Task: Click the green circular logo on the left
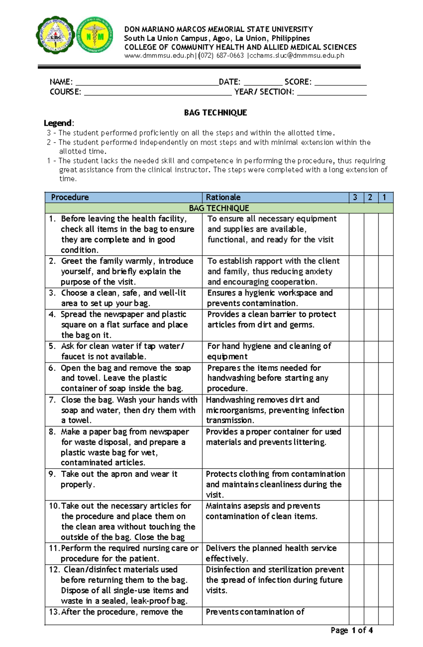pyautogui.click(x=55, y=35)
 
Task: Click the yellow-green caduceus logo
pyautogui.click(x=94, y=35)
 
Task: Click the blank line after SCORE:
pyautogui.click(x=341, y=83)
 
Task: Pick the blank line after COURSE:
pyautogui.click(x=158, y=92)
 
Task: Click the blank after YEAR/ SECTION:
pyautogui.click(x=332, y=92)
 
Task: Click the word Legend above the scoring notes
pyautogui.click(x=58, y=123)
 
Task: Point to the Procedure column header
pyautogui.click(x=70, y=197)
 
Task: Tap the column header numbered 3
pyautogui.click(x=355, y=197)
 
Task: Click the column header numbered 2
pyautogui.click(x=370, y=197)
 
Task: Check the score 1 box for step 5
pyautogui.click(x=386, y=352)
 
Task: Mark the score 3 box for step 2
pyautogui.click(x=356, y=271)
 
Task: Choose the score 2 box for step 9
pyautogui.click(x=371, y=484)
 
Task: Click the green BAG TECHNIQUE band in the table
pyautogui.click(x=219, y=208)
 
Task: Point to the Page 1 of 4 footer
pyautogui.click(x=351, y=630)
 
